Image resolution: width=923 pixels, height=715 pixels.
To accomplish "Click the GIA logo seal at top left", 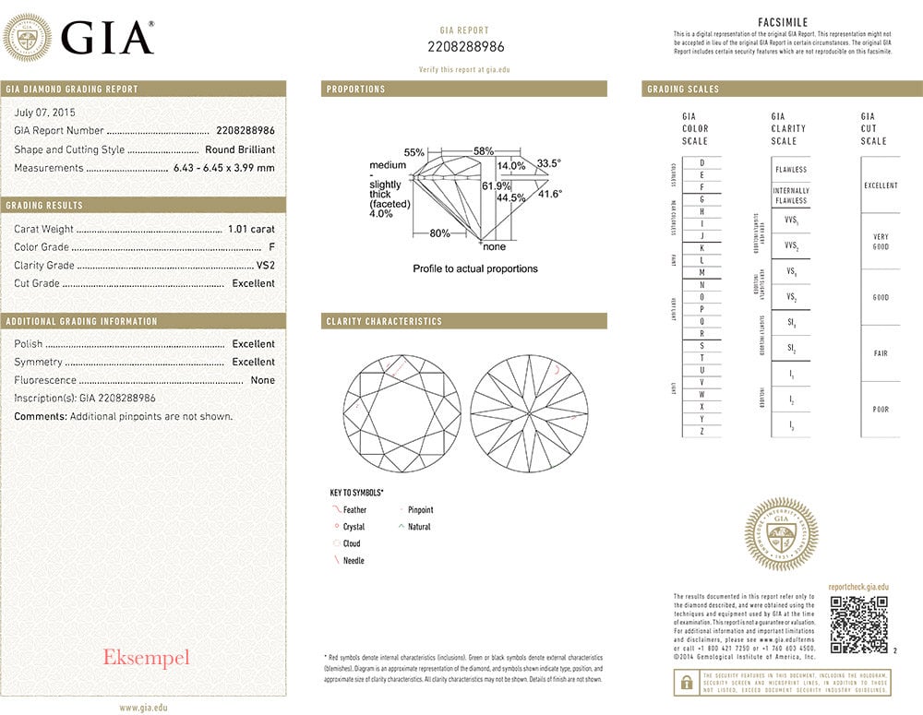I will click(27, 40).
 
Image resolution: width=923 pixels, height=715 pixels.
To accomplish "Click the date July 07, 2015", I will click(45, 112).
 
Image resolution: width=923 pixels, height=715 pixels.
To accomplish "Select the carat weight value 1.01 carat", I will click(251, 229).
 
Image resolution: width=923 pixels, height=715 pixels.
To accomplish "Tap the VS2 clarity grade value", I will click(265, 266).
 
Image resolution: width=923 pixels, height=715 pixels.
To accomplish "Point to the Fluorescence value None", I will click(262, 380).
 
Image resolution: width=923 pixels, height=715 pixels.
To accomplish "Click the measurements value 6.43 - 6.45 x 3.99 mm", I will click(224, 168).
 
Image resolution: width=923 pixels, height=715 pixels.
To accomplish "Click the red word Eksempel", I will click(146, 658).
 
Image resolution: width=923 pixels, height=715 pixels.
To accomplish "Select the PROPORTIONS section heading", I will click(356, 89).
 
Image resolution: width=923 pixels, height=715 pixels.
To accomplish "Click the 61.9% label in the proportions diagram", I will click(497, 185).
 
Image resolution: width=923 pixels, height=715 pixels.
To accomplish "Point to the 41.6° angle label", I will click(550, 194).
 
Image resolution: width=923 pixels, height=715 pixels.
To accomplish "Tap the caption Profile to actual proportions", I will click(474, 269).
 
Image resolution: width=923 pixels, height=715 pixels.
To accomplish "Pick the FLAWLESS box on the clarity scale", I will click(790, 170).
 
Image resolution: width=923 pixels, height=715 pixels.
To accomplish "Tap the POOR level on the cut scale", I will click(880, 409).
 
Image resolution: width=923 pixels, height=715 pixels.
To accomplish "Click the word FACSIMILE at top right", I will click(783, 21).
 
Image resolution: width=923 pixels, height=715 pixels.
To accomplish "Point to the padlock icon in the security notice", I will click(686, 683).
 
